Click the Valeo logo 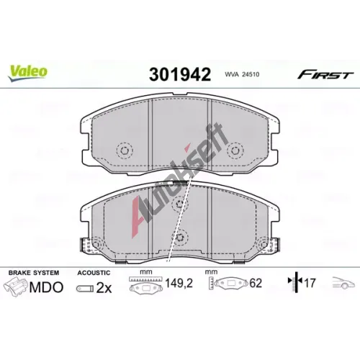(x=27, y=73)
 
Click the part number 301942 (x=180, y=74)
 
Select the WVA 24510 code (x=242, y=74)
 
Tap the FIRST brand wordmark (x=325, y=75)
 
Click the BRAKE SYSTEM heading (x=34, y=273)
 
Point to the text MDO (x=46, y=287)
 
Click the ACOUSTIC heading (x=94, y=273)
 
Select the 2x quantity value (x=104, y=288)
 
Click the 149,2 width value (x=179, y=284)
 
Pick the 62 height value (x=256, y=283)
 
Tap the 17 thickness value (x=310, y=283)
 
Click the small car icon (x=343, y=282)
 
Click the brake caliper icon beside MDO (x=15, y=287)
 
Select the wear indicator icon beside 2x (x=85, y=289)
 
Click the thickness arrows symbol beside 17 (x=296, y=282)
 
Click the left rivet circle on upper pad (x=125, y=150)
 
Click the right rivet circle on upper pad (x=235, y=150)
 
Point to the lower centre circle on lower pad (x=180, y=238)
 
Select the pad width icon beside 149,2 (x=146, y=284)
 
